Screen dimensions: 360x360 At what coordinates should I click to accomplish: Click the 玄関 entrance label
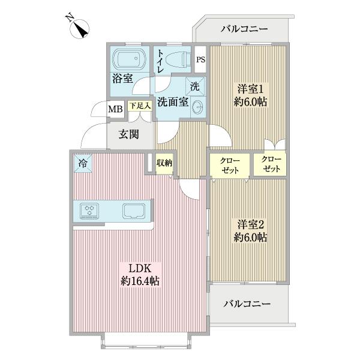coord(127,134)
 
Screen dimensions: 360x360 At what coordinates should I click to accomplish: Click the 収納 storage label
coord(164,163)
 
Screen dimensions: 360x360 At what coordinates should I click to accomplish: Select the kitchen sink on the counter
coord(133,211)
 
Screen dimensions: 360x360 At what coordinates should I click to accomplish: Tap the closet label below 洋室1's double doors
coord(271,165)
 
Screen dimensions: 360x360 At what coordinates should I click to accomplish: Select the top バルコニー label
coord(244,28)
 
